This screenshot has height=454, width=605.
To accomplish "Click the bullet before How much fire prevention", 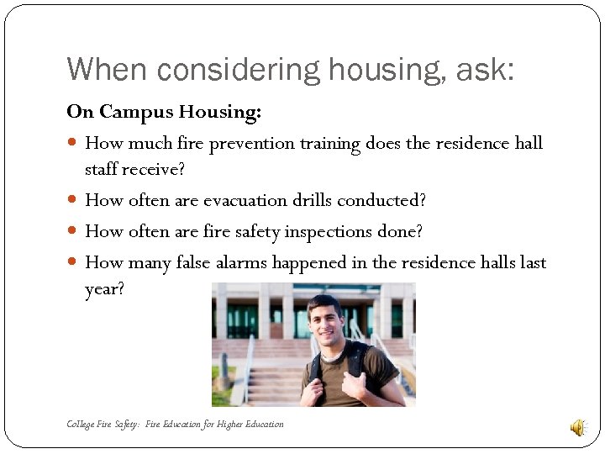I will click(x=74, y=144).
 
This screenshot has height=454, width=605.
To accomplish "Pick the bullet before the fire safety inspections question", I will click(x=74, y=231).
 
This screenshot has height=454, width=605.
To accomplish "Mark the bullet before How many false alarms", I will click(x=74, y=263).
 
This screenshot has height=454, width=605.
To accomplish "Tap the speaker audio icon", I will click(x=578, y=428).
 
